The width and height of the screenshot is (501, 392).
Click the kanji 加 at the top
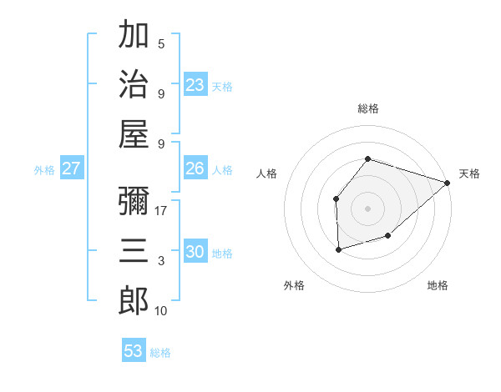(134, 35)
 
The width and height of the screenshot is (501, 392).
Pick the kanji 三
(134, 250)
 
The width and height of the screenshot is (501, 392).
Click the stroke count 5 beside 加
(161, 44)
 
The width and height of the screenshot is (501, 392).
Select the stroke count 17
(161, 211)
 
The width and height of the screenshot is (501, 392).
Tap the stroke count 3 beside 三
(161, 261)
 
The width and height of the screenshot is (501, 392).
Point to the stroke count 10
(161, 311)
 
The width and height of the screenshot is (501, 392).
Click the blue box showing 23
(195, 85)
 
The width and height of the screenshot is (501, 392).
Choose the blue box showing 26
(195, 168)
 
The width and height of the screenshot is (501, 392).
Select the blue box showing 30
(195, 252)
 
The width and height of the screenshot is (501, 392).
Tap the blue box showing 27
(71, 168)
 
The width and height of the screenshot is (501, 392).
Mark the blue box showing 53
(134, 351)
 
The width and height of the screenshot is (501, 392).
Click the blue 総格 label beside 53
(160, 353)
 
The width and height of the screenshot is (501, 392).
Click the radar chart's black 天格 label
(470, 173)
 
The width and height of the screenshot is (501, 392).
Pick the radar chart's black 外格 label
(294, 285)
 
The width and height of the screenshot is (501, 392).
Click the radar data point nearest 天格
(448, 183)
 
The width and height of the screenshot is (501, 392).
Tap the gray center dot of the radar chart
(367, 207)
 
